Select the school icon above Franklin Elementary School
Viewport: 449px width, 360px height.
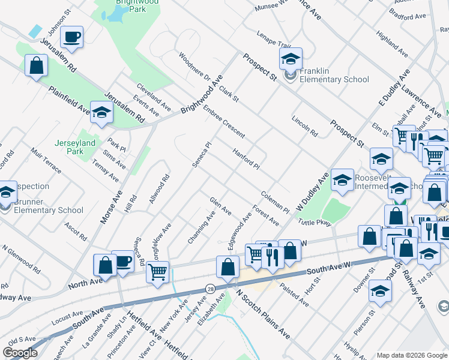291,59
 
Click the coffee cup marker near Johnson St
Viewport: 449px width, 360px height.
72,37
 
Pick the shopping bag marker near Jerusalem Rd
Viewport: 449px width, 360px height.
36,65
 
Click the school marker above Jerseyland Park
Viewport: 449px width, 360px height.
102,112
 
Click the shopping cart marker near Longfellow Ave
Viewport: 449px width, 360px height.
157,272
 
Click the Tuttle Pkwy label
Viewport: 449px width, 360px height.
315,222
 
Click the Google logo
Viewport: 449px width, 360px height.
20,353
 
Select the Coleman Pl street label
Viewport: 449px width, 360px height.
276,202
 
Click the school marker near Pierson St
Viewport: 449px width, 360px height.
380,291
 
